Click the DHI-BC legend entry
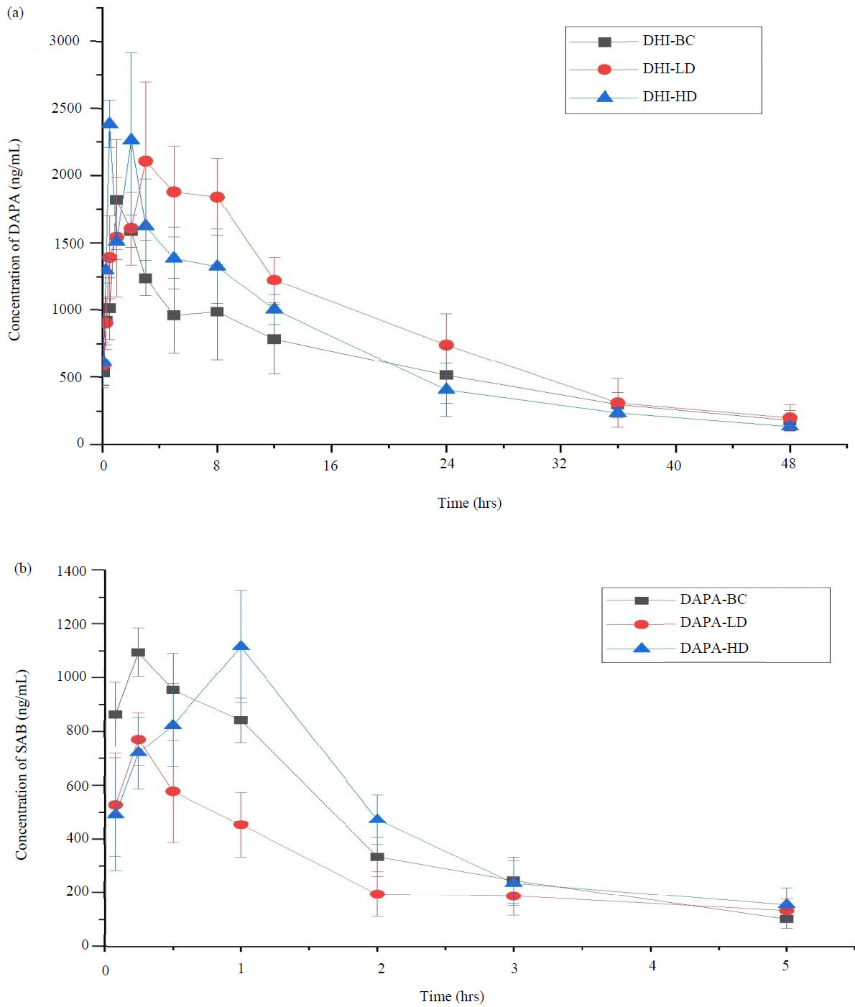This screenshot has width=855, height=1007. [x=668, y=41]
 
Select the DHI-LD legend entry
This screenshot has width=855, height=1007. [x=668, y=69]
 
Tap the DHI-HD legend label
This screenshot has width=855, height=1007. [x=670, y=96]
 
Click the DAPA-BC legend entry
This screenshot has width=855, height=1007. [x=713, y=599]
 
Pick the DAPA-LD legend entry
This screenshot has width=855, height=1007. [x=713, y=623]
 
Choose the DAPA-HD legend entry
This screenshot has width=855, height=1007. [x=713, y=648]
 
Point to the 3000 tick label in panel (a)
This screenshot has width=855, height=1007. [x=65, y=41]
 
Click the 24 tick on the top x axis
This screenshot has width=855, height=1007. [x=447, y=464]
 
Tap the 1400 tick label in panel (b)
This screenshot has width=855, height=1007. [x=72, y=571]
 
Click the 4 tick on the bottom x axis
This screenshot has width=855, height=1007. [x=652, y=966]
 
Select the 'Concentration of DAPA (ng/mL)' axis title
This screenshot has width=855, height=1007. [x=14, y=240]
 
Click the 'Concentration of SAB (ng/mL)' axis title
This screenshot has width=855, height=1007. [x=22, y=764]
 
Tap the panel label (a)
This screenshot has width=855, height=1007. [x=14, y=12]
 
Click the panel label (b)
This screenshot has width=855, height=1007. [x=23, y=568]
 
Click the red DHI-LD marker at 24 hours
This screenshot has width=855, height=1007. [x=446, y=345]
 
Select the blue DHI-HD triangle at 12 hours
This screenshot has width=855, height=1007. [x=274, y=308]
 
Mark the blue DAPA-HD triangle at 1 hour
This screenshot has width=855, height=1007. [x=241, y=646]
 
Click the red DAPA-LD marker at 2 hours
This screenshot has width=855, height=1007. [x=377, y=894]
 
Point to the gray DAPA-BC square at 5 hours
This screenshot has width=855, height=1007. [x=786, y=919]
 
